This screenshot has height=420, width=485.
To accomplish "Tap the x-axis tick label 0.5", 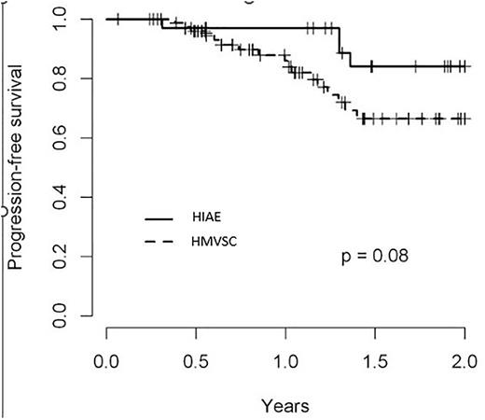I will point(197,360).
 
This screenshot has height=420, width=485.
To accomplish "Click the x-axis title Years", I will point(285,407).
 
